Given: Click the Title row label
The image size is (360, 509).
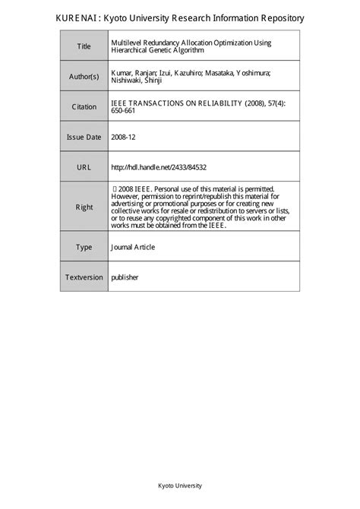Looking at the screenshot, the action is pos(84,47).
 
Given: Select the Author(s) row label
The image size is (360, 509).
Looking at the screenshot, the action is pos(84,77).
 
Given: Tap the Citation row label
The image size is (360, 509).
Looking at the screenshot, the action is pos(84,107).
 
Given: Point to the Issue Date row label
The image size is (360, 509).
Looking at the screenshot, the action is pos(84,137).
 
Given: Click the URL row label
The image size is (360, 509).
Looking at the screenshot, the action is pos(84,166).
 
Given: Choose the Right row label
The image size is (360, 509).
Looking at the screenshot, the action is pos(84,207).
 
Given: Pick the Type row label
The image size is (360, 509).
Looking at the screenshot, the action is pos(84,247).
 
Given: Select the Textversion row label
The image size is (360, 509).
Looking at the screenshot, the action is pos(84,277).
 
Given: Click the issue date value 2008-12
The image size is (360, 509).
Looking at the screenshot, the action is pos(123,137).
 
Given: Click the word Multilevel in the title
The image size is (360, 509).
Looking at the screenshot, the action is pos(128,43).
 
